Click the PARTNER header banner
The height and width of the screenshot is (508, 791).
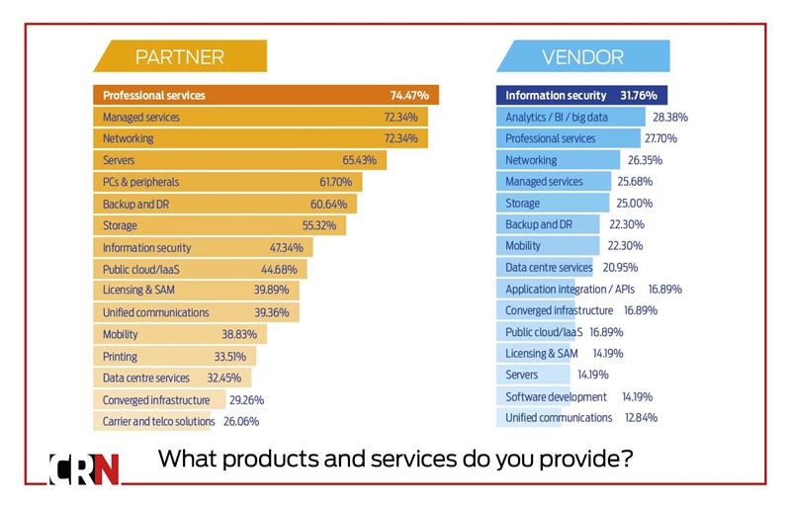tap(179, 56)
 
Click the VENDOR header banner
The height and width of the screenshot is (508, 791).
tap(582, 56)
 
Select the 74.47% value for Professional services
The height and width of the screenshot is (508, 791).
tap(408, 96)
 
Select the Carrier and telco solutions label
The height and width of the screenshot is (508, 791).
tap(158, 421)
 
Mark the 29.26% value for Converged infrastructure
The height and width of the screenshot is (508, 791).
tap(246, 399)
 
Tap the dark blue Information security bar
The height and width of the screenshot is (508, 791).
tap(581, 96)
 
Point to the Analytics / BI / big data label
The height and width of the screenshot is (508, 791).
tap(557, 117)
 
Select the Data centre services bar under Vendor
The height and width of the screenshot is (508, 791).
tap(545, 268)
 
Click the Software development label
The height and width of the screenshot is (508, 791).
tap(556, 396)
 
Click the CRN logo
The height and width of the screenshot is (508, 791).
tap(85, 467)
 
